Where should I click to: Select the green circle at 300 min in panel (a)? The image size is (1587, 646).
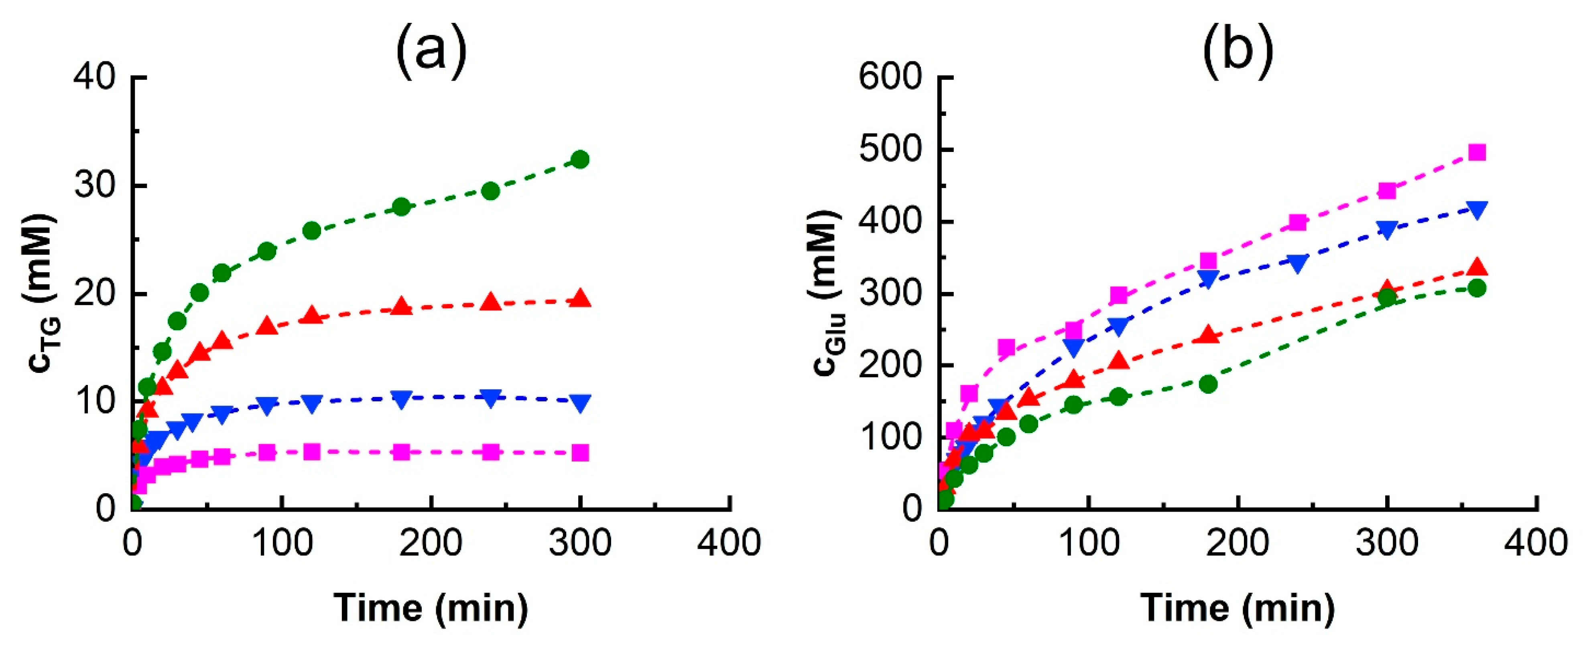[580, 160]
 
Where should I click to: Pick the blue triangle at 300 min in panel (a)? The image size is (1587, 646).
[580, 403]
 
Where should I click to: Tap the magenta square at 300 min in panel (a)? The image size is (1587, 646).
[580, 453]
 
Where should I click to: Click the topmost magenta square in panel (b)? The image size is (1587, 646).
[1477, 152]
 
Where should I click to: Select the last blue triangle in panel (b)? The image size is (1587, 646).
[1477, 209]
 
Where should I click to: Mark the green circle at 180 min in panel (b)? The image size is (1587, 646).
[1208, 384]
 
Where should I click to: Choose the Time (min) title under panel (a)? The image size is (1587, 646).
[431, 608]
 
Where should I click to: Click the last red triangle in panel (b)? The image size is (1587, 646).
[1477, 268]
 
